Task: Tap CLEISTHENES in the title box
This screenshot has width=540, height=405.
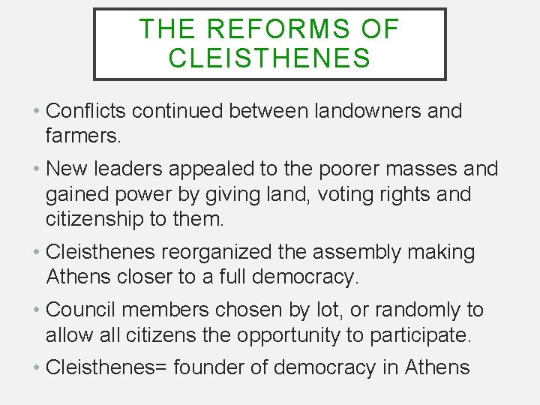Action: click(x=270, y=58)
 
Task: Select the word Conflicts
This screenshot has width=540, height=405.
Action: click(x=88, y=111)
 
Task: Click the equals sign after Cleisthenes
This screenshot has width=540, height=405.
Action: click(x=167, y=368)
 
